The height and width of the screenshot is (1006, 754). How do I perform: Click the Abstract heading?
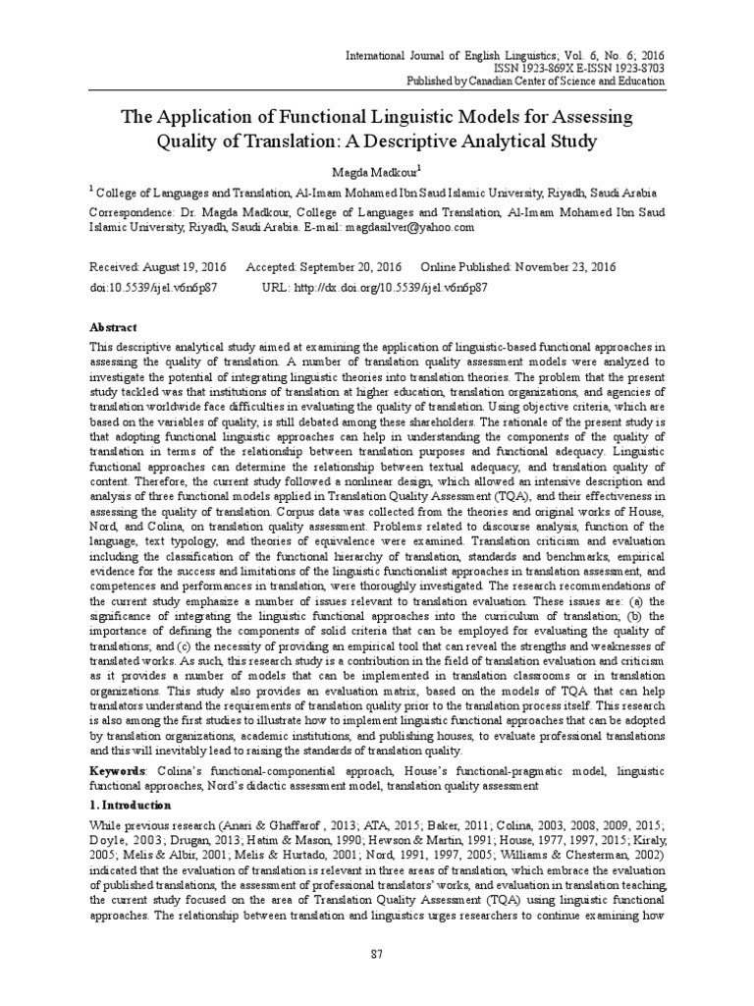pos(114,327)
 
